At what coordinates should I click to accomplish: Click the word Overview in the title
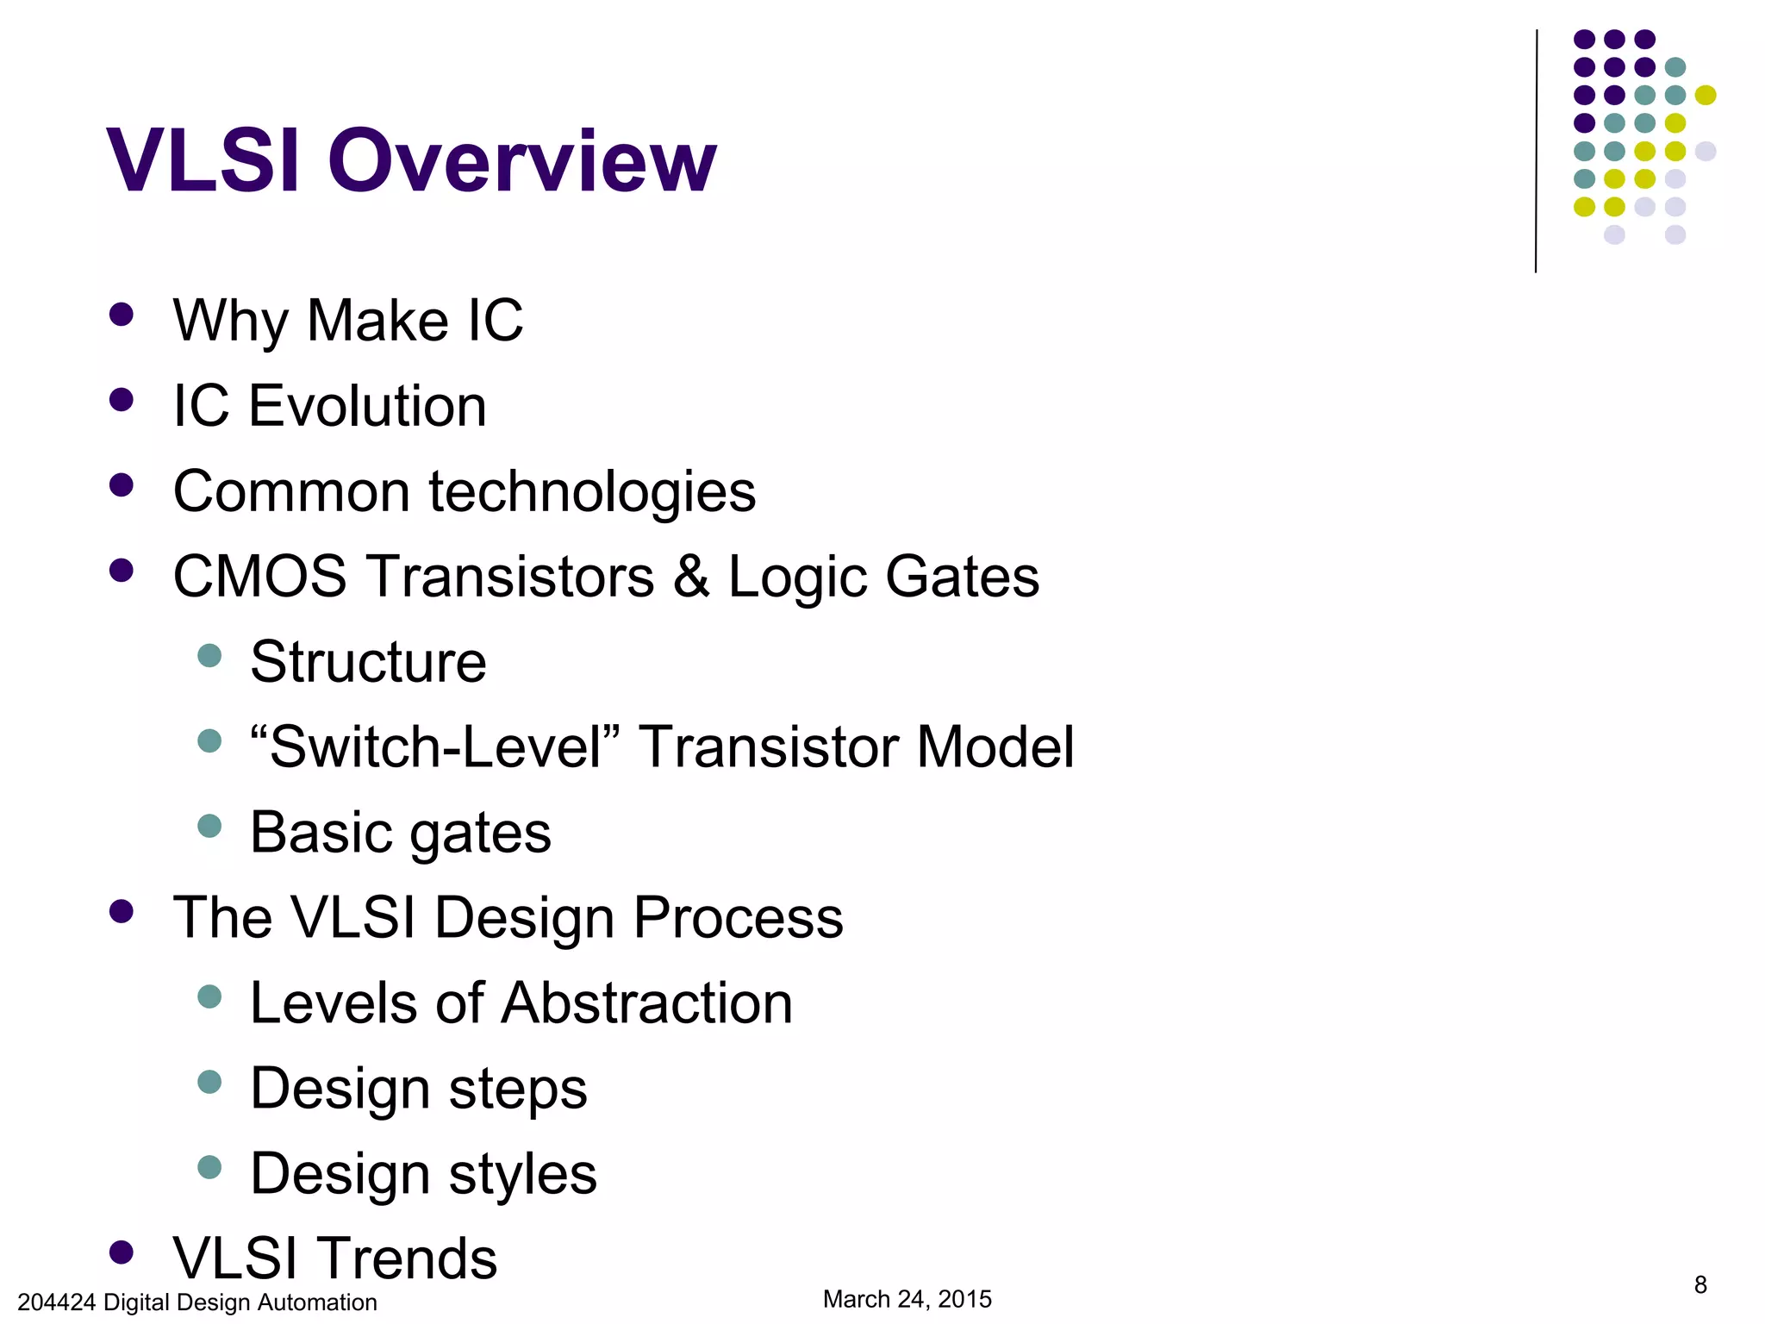pyautogui.click(x=521, y=161)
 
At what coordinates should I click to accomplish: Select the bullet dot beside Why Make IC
pyautogui.click(x=122, y=315)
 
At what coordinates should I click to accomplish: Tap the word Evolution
pyautogui.click(x=367, y=406)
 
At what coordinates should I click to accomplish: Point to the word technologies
pyautogui.click(x=592, y=491)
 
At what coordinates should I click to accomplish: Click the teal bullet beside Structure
pyautogui.click(x=209, y=656)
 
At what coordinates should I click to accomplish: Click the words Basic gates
pyautogui.click(x=401, y=833)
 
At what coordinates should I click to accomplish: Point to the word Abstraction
pyautogui.click(x=646, y=1003)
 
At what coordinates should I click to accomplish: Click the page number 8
pyautogui.click(x=1700, y=1285)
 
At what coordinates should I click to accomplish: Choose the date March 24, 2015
pyautogui.click(x=907, y=1299)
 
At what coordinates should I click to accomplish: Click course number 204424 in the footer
pyautogui.click(x=56, y=1302)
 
